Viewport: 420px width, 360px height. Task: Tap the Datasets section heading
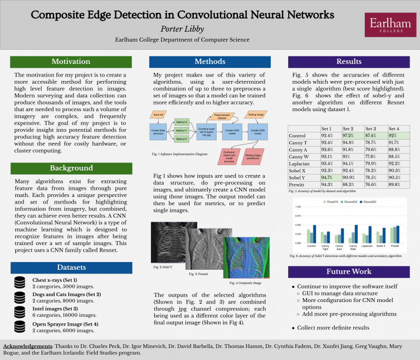71,267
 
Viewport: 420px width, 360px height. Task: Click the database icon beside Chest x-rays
20,282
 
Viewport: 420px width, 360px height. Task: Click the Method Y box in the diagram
182,131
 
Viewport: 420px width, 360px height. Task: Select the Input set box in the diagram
159,115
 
